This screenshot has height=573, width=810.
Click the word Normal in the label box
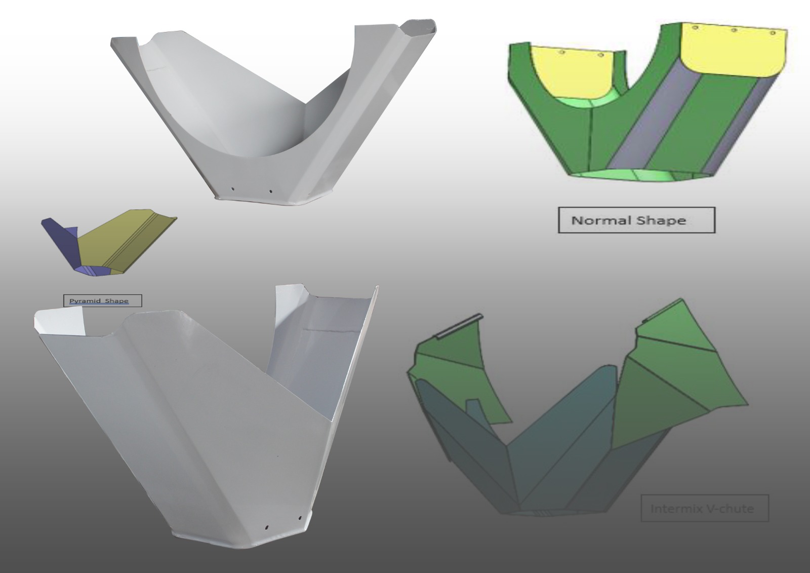[601, 220]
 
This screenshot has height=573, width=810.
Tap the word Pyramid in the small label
[82, 301]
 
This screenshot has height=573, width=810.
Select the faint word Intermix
[675, 509]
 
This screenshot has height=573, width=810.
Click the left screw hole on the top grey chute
[233, 189]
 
